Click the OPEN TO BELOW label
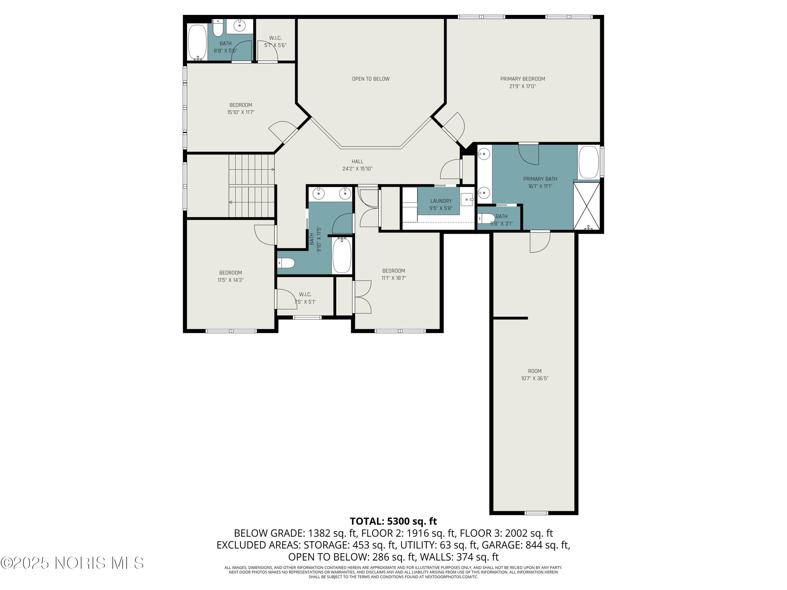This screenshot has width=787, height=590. (370, 79)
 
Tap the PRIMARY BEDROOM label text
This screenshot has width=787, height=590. (522, 79)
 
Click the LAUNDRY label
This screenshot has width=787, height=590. (440, 201)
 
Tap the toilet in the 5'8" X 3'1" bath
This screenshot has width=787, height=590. (486, 218)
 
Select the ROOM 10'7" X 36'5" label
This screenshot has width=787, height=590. (534, 374)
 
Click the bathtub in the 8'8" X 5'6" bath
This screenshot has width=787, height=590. (197, 42)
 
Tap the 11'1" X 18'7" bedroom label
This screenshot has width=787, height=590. (393, 274)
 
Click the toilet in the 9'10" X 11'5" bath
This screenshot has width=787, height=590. (286, 263)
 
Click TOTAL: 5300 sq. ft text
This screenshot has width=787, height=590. (393, 521)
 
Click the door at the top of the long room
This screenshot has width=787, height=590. (540, 242)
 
